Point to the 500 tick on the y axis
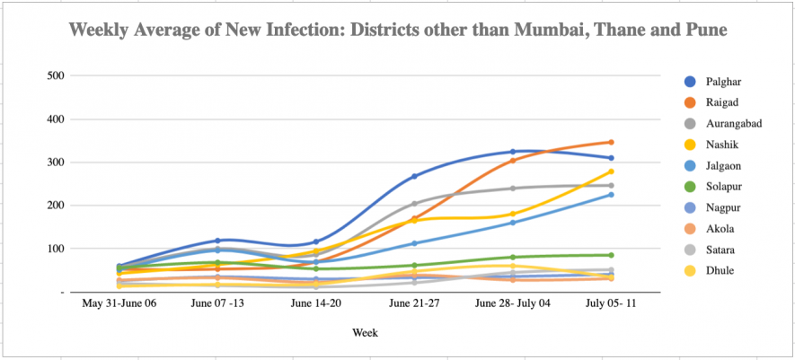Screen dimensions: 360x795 point(55,75)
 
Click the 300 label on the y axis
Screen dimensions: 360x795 point(55,162)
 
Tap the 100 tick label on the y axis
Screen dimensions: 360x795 point(55,249)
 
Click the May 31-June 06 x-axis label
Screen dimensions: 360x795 point(119,304)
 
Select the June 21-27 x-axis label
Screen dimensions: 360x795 point(414,304)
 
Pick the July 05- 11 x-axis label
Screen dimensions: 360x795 point(611,304)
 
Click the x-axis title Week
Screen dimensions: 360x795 point(365,333)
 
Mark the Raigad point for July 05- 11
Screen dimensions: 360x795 point(611,142)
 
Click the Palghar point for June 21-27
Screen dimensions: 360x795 point(414,176)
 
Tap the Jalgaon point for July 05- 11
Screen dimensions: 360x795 point(611,195)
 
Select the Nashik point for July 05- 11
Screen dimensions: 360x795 point(611,171)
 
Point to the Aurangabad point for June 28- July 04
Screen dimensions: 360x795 point(513,188)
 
